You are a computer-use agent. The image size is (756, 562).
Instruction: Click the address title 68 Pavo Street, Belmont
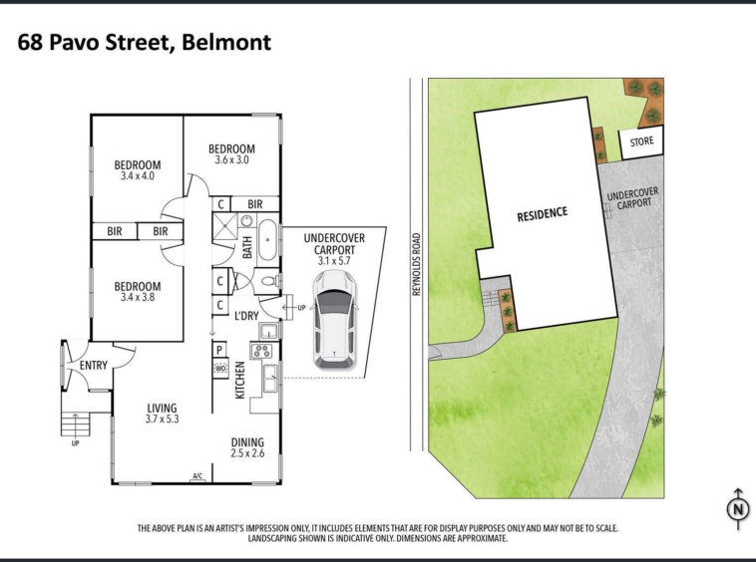(145, 43)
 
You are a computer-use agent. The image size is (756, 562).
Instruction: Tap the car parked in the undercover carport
(334, 320)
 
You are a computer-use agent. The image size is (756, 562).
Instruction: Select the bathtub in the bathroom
(267, 240)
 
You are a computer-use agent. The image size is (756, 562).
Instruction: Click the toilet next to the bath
(269, 281)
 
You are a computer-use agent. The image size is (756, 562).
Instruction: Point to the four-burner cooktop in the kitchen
(261, 351)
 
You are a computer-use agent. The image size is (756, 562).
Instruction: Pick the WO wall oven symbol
(220, 369)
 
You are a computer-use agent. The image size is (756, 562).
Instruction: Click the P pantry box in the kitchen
(219, 350)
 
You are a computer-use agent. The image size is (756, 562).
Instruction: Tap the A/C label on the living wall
(197, 476)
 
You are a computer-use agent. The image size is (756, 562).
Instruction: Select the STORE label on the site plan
(641, 141)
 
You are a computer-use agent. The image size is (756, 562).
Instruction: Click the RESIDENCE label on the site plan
(543, 214)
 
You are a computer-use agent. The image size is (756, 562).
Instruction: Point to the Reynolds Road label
(417, 264)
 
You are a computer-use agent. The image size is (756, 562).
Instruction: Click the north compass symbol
(738, 508)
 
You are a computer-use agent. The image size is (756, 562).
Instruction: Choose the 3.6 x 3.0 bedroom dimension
(231, 159)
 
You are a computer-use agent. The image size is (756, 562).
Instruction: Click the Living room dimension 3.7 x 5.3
(162, 419)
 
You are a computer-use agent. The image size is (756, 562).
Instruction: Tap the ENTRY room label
(94, 366)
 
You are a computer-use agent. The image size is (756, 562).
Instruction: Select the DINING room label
(247, 442)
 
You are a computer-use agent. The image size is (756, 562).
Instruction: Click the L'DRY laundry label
(246, 316)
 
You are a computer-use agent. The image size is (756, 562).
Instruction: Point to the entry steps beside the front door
(76, 424)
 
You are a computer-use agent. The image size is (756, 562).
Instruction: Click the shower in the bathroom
(225, 226)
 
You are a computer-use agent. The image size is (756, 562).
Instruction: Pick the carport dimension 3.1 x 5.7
(334, 261)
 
